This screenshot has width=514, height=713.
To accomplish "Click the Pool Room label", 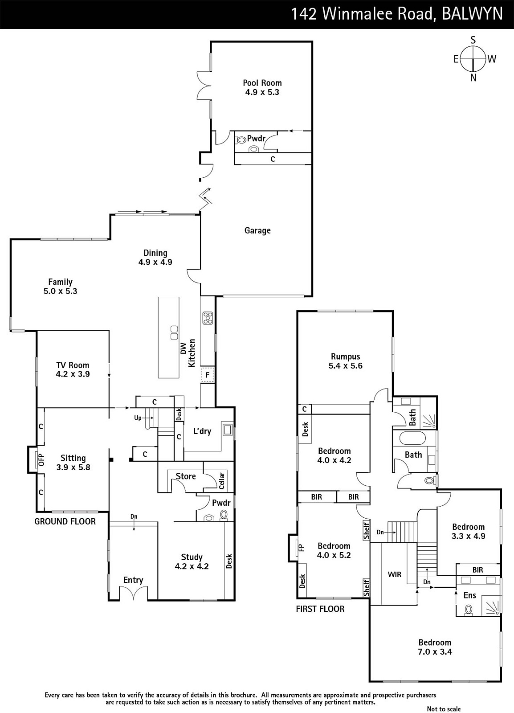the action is pyautogui.click(x=262, y=83).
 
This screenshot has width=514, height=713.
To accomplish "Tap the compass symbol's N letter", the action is pyautogui.click(x=473, y=78).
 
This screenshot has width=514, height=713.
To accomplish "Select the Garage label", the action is pyautogui.click(x=257, y=230).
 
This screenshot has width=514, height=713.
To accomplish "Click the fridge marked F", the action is pyautogui.click(x=208, y=375).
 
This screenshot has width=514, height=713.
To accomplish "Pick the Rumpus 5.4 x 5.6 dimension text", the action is pyautogui.click(x=346, y=366).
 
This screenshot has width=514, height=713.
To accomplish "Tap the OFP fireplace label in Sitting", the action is pyautogui.click(x=41, y=459).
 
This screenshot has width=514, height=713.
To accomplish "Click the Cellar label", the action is pyautogui.click(x=222, y=480).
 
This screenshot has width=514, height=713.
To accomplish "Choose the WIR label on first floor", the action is pyautogui.click(x=394, y=574).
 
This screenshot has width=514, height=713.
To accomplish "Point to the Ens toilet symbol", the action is pyautogui.click(x=468, y=610).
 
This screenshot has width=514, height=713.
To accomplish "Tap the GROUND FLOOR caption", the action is pyautogui.click(x=65, y=522).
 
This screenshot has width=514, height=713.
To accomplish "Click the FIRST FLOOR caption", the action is pyautogui.click(x=320, y=609).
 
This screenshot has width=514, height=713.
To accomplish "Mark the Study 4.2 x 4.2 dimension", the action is pyautogui.click(x=192, y=566).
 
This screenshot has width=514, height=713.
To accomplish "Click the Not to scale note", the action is pyautogui.click(x=444, y=709).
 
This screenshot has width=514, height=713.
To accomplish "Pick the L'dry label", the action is pyautogui.click(x=202, y=431).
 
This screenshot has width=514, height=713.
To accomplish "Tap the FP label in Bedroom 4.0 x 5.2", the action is pyautogui.click(x=302, y=548).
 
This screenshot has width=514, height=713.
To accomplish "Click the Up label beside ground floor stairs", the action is pyautogui.click(x=138, y=418).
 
